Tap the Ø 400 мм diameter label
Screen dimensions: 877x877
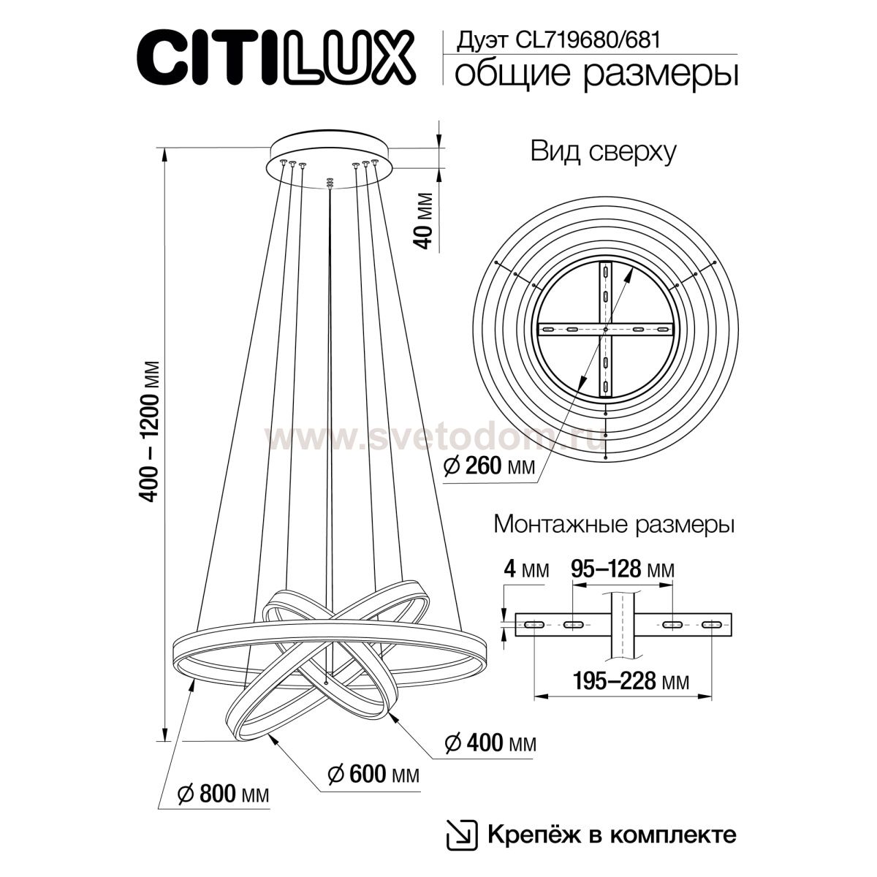(x=490, y=743)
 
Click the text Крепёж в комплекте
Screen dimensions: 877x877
(x=608, y=834)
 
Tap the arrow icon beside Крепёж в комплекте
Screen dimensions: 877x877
(x=458, y=834)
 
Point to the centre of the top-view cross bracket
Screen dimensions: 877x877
(x=606, y=330)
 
